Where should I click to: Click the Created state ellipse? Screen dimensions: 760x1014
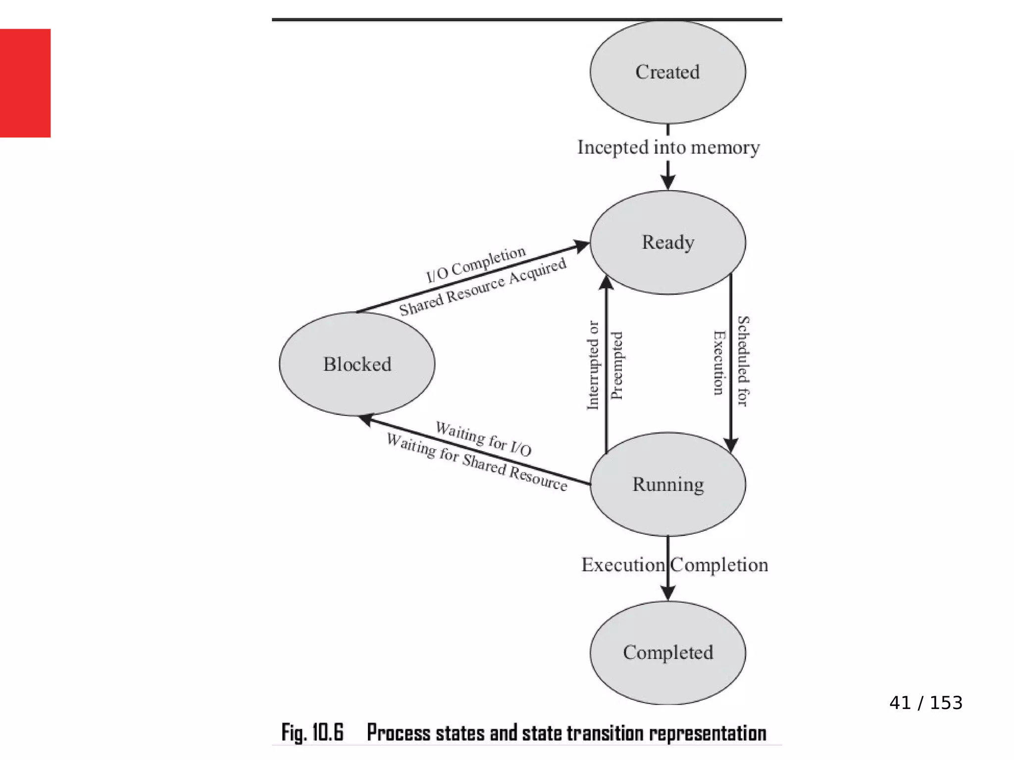tap(667, 72)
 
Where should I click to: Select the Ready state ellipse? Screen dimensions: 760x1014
tap(667, 242)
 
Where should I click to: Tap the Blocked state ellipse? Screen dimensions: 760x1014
tap(357, 364)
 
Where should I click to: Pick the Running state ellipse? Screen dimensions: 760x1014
tap(667, 484)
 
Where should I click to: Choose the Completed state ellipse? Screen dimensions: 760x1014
tap(667, 653)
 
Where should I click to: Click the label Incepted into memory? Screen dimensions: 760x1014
tap(668, 147)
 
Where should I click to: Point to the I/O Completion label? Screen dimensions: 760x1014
tap(476, 264)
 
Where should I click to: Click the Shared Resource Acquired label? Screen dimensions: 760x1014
tap(483, 287)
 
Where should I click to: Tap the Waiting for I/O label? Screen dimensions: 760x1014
tap(483, 438)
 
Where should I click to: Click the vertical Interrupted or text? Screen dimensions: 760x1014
tap(593, 365)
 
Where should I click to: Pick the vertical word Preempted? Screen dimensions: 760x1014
tap(616, 365)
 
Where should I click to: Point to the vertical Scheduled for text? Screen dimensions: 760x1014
tap(743, 361)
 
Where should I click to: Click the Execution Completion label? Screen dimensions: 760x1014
tap(674, 565)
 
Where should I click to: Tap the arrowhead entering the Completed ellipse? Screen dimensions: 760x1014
tap(668, 593)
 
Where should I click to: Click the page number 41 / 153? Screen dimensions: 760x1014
tap(925, 703)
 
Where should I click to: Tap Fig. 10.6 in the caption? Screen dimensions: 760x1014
tap(312, 733)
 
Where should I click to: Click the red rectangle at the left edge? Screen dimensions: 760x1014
tap(25, 83)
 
